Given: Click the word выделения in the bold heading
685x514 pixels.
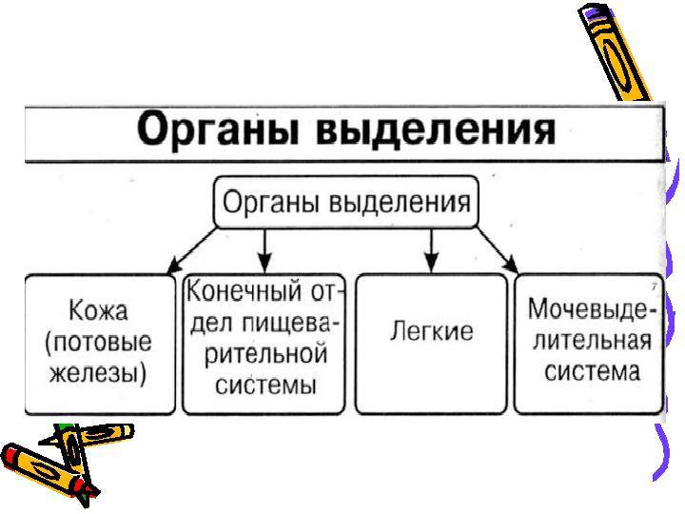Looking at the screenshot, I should pyautogui.click(x=428, y=128).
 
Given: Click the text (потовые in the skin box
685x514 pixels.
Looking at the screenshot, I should pyautogui.click(x=99, y=343).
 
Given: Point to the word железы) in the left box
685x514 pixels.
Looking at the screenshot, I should pyautogui.click(x=99, y=372).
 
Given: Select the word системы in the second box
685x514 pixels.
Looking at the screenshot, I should pyautogui.click(x=264, y=385).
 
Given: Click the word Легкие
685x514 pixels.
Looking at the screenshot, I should pyautogui.click(x=431, y=332).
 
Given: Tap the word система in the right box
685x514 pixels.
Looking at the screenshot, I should pyautogui.click(x=592, y=370).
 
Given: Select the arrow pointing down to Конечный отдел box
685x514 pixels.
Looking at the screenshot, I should pyautogui.click(x=266, y=249).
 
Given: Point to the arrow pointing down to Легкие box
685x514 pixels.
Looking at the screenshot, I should pyautogui.click(x=430, y=249).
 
